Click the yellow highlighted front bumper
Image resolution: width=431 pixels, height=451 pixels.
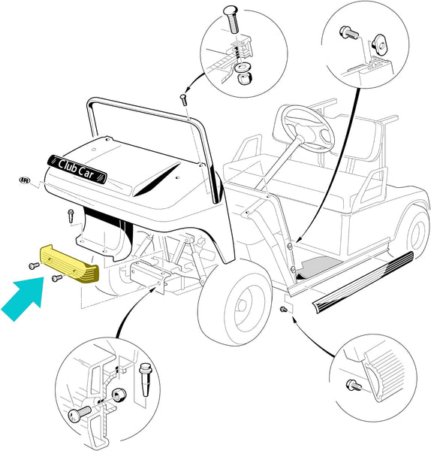[x=69, y=264]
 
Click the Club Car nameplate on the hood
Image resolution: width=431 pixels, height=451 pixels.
[x=77, y=169]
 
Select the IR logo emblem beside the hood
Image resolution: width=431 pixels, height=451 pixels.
[x=25, y=180]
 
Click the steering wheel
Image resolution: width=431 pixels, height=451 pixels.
[x=308, y=129]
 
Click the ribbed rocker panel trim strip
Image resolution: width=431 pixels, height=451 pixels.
[x=363, y=282]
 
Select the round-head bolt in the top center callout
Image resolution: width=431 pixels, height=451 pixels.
[x=232, y=20]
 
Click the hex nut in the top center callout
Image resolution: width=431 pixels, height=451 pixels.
[x=244, y=77]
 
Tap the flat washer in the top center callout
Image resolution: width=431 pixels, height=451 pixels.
[x=241, y=68]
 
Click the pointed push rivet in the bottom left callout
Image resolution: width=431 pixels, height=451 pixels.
[x=146, y=380]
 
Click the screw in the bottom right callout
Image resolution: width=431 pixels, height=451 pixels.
[x=354, y=385]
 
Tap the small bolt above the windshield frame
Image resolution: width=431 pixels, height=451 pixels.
[x=183, y=99]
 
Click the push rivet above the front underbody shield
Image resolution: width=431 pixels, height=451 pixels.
[x=71, y=216]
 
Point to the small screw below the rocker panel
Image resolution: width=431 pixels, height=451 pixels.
[x=283, y=309]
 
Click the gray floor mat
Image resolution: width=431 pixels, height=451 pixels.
[x=319, y=265]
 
